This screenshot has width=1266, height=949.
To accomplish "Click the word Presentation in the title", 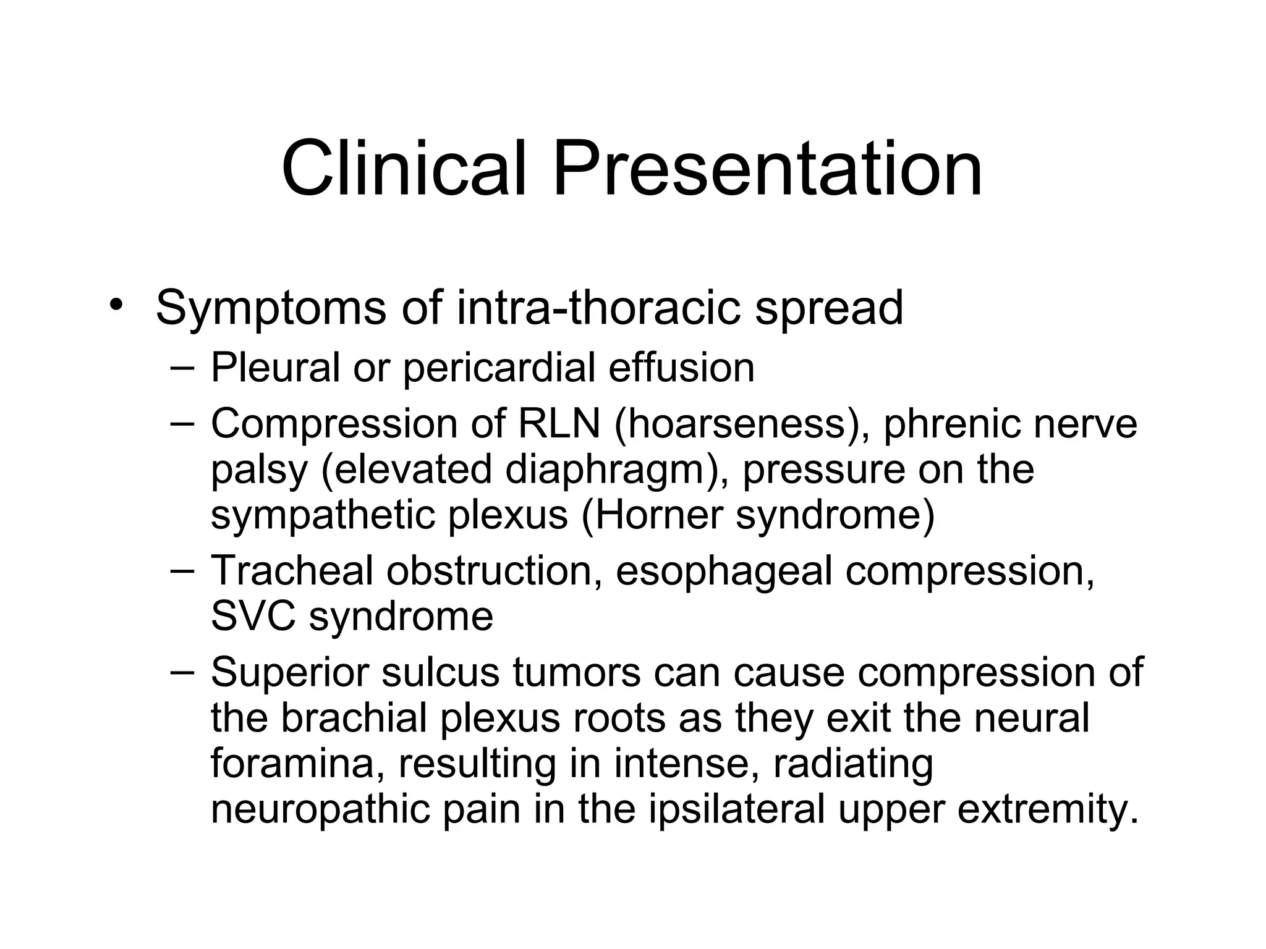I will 767,169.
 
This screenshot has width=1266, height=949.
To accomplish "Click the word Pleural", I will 275,368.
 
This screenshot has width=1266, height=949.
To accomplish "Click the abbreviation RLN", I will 559,424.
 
